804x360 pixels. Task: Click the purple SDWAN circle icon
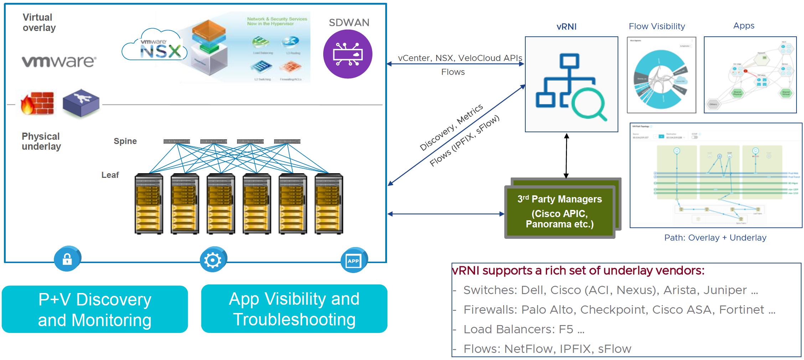[347, 54]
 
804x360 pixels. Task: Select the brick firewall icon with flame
[38, 103]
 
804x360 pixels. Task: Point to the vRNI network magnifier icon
[571, 85]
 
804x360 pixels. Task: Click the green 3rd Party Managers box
[560, 211]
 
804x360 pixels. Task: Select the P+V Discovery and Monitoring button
[95, 309]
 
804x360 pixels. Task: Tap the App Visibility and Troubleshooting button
[294, 309]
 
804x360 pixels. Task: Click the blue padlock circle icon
[67, 259]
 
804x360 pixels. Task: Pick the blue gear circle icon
[213, 260]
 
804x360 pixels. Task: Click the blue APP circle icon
[354, 261]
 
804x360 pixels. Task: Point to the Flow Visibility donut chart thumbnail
[661, 75]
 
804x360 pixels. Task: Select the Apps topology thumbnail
[750, 75]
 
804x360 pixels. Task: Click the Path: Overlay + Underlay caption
[715, 238]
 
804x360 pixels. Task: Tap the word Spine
[125, 141]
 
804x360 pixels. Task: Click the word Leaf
[110, 175]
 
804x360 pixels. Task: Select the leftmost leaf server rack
[149, 204]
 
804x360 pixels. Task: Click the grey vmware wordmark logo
[59, 61]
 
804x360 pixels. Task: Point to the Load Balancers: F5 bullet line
[524, 329]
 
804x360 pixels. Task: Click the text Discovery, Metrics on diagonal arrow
[452, 127]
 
